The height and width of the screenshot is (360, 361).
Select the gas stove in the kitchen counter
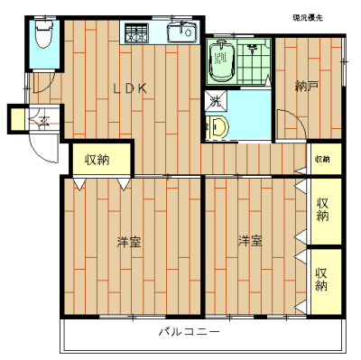pyautogui.click(x=139, y=34)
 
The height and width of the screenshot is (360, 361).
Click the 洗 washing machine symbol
pyautogui.click(x=216, y=101)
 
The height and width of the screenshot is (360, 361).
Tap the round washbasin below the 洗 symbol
pyautogui.click(x=218, y=127)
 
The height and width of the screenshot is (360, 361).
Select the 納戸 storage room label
pyautogui.click(x=306, y=87)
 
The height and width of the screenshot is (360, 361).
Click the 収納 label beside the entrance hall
pyautogui.click(x=97, y=160)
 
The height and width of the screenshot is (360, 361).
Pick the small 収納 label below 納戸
pyautogui.click(x=322, y=159)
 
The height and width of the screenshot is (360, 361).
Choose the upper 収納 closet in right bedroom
pyautogui.click(x=323, y=209)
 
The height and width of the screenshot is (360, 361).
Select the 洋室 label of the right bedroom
pyautogui.click(x=250, y=241)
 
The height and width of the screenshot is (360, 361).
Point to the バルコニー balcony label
pyautogui.click(x=190, y=332)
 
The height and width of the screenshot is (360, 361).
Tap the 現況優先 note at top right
pyautogui.click(x=309, y=17)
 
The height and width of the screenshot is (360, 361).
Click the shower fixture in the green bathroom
pyautogui.click(x=253, y=48)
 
